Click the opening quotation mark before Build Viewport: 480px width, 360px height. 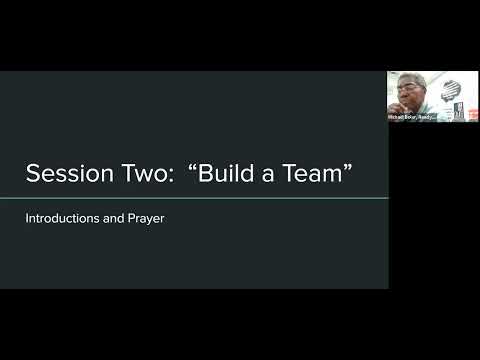tap(190, 167)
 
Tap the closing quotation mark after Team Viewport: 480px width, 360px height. tap(350, 167)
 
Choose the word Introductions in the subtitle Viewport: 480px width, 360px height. tap(63, 216)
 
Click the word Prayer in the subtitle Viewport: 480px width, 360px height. tap(144, 216)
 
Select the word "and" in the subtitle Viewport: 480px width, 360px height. tap(112, 216)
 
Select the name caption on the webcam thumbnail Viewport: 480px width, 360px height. tap(410, 117)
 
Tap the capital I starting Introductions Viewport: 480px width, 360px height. tap(28, 216)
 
